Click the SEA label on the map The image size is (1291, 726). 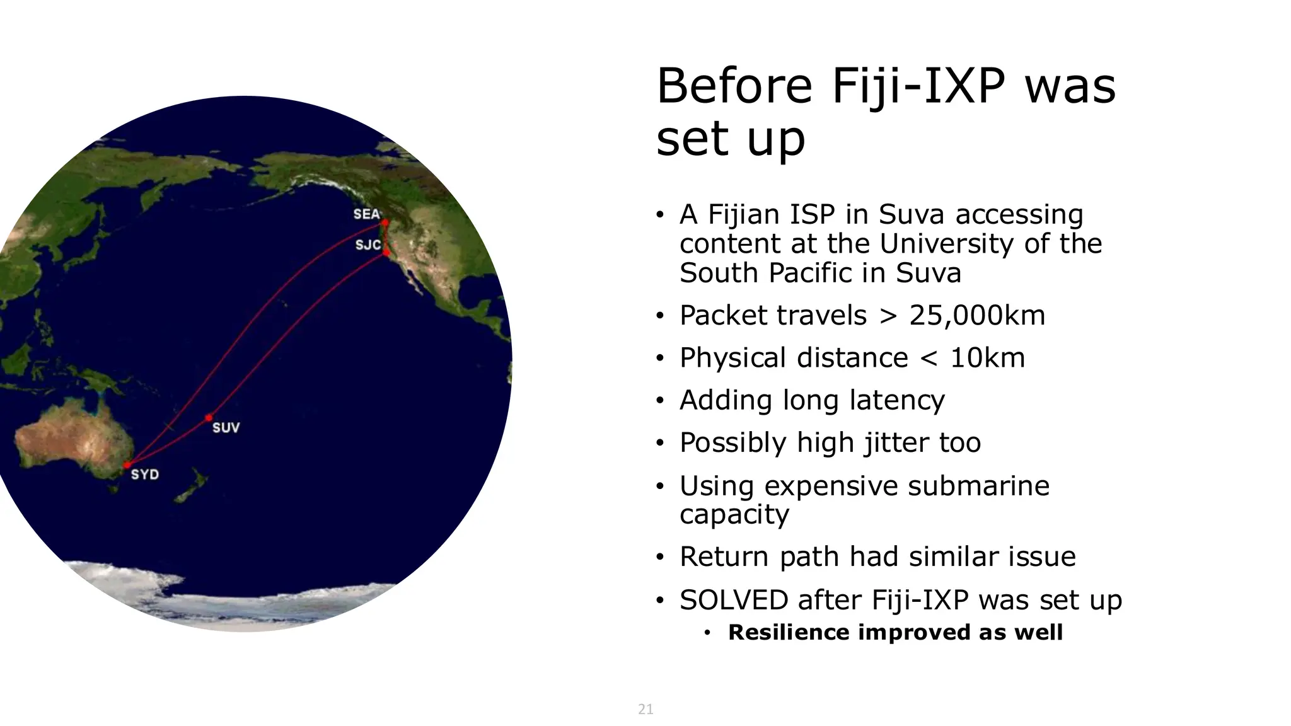(x=366, y=214)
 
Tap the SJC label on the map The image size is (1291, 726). (x=368, y=245)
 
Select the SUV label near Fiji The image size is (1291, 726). (x=226, y=428)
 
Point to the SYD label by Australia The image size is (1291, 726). (x=144, y=475)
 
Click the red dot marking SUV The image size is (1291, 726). (x=209, y=418)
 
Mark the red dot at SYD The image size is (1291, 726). (x=127, y=466)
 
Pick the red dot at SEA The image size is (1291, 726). (x=385, y=222)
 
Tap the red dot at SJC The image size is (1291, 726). (x=386, y=253)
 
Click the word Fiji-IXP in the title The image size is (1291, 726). (x=917, y=86)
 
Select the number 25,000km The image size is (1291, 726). (x=976, y=315)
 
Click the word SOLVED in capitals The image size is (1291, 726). (x=734, y=600)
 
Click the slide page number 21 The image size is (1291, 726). (x=645, y=709)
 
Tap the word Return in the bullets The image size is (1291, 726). (x=725, y=557)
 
